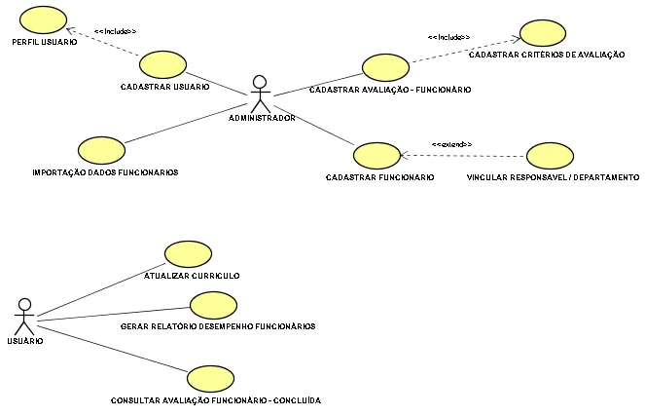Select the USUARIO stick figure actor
tap(25, 316)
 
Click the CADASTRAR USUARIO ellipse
tap(162, 66)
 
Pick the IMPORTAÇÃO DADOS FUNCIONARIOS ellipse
tap(99, 150)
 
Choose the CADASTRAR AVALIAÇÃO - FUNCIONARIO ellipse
tap(386, 67)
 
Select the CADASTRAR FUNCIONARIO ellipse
tap(377, 155)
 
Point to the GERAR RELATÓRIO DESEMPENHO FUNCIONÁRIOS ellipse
tap(214, 305)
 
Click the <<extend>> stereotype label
tap(451, 144)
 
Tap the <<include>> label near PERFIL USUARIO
tap(115, 31)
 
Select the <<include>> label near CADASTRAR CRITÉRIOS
tap(448, 37)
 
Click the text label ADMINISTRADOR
tap(262, 119)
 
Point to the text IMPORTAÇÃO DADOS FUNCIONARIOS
tap(105, 172)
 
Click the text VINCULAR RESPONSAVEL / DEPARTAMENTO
tap(553, 178)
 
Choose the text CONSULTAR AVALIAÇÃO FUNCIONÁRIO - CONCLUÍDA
tap(216, 400)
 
